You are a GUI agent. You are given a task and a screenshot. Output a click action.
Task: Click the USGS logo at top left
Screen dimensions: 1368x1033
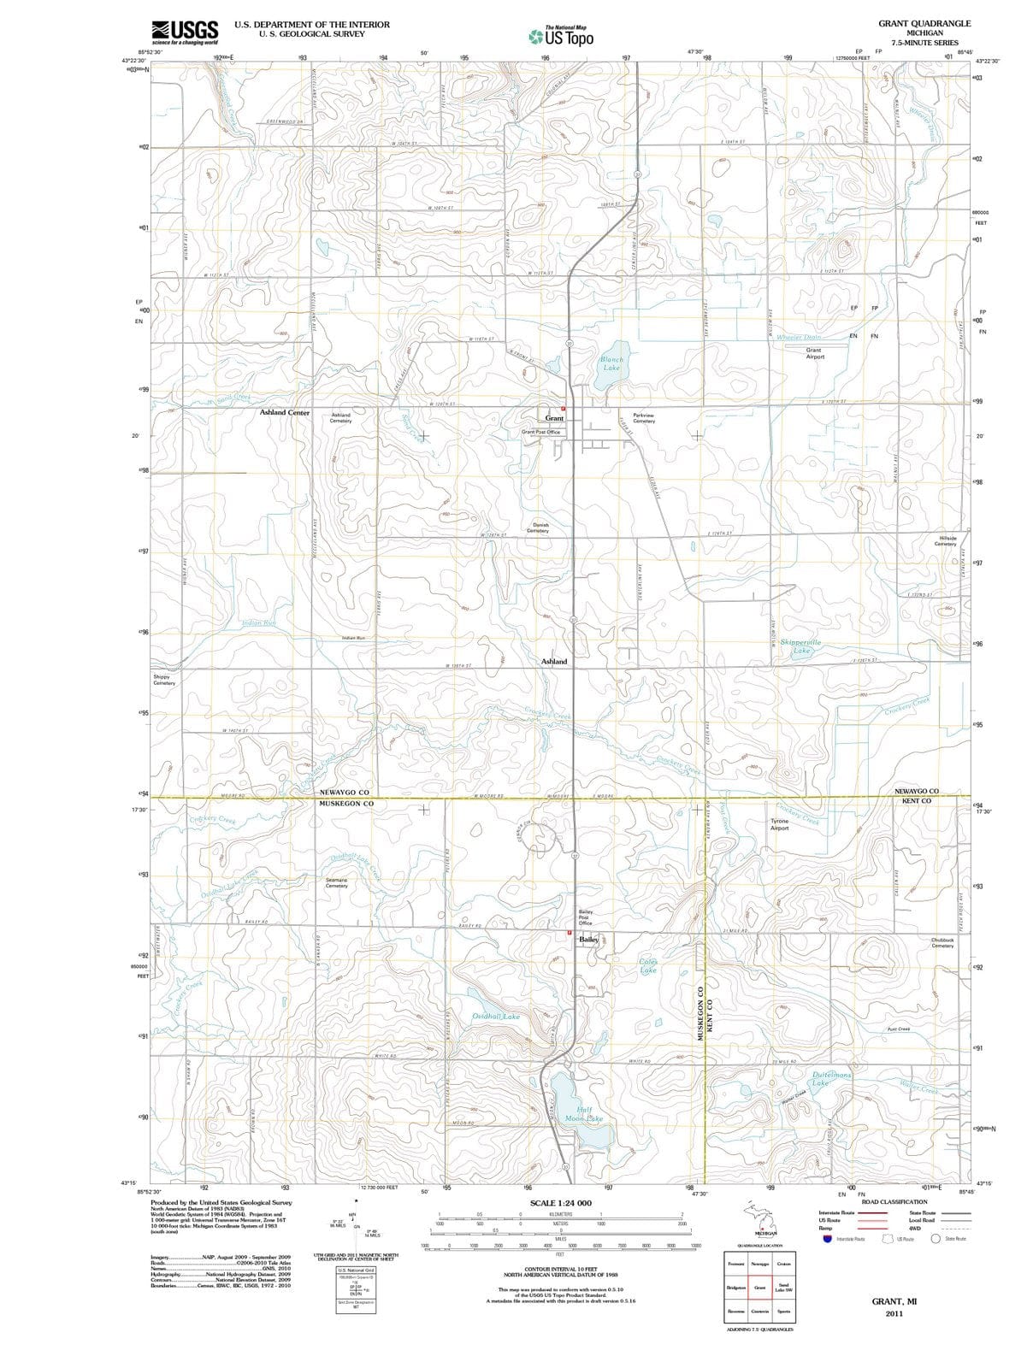point(185,32)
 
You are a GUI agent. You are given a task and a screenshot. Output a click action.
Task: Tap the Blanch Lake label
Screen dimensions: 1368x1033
point(611,363)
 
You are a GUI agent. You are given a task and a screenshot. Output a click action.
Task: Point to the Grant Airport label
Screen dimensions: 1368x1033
point(814,353)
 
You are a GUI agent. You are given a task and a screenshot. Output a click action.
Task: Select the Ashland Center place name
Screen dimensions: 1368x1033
point(285,412)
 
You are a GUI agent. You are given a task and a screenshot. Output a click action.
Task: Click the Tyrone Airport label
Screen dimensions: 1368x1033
point(779,824)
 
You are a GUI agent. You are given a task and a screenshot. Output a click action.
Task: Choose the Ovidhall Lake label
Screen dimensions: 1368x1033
point(496,1017)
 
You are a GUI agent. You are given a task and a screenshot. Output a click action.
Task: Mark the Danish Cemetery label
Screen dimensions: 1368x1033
point(539,528)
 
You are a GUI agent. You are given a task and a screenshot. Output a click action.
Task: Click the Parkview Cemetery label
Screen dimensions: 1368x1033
point(644,417)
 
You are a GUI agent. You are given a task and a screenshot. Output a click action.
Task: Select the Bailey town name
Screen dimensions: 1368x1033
point(589,940)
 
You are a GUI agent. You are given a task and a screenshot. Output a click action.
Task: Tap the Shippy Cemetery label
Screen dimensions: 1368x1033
point(163,680)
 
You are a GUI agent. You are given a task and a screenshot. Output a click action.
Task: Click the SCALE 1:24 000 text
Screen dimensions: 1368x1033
point(560,1203)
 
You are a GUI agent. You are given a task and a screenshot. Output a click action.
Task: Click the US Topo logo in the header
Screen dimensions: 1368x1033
point(561,37)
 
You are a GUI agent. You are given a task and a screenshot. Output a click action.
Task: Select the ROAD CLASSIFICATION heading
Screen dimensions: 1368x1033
point(894,1201)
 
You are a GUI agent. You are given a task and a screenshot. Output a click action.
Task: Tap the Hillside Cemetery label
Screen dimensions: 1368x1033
point(945,540)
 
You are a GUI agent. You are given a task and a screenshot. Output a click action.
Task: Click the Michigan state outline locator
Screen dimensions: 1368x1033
point(760,1218)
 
